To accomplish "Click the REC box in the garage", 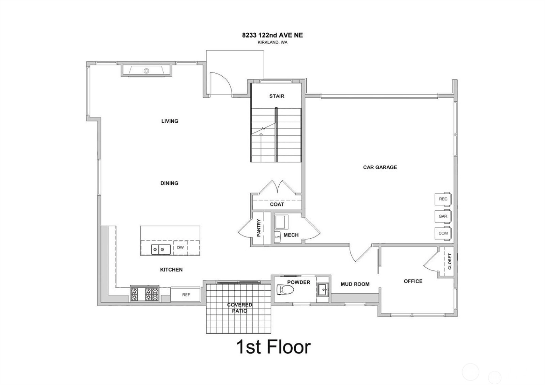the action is (x=443, y=199).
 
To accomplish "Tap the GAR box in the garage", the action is (x=443, y=216).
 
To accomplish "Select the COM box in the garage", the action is (x=443, y=233).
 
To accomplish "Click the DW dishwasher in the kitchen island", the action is (x=180, y=248).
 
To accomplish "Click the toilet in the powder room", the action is (x=285, y=290).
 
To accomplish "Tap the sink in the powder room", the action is (x=323, y=290).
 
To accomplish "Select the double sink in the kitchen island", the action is (x=158, y=249).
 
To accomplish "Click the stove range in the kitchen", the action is (x=144, y=294).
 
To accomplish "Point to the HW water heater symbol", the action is (x=277, y=237).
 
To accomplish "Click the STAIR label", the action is (x=277, y=96).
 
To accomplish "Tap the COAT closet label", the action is (x=277, y=204).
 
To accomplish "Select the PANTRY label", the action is (x=259, y=228).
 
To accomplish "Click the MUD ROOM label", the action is (x=355, y=284).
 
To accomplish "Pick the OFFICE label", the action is (x=413, y=281).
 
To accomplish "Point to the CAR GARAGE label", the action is (x=380, y=167).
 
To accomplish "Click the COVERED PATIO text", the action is (x=240, y=308).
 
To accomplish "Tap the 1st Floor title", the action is (x=274, y=347).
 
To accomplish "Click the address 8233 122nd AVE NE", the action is (x=272, y=35).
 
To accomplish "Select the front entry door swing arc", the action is (x=225, y=80).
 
